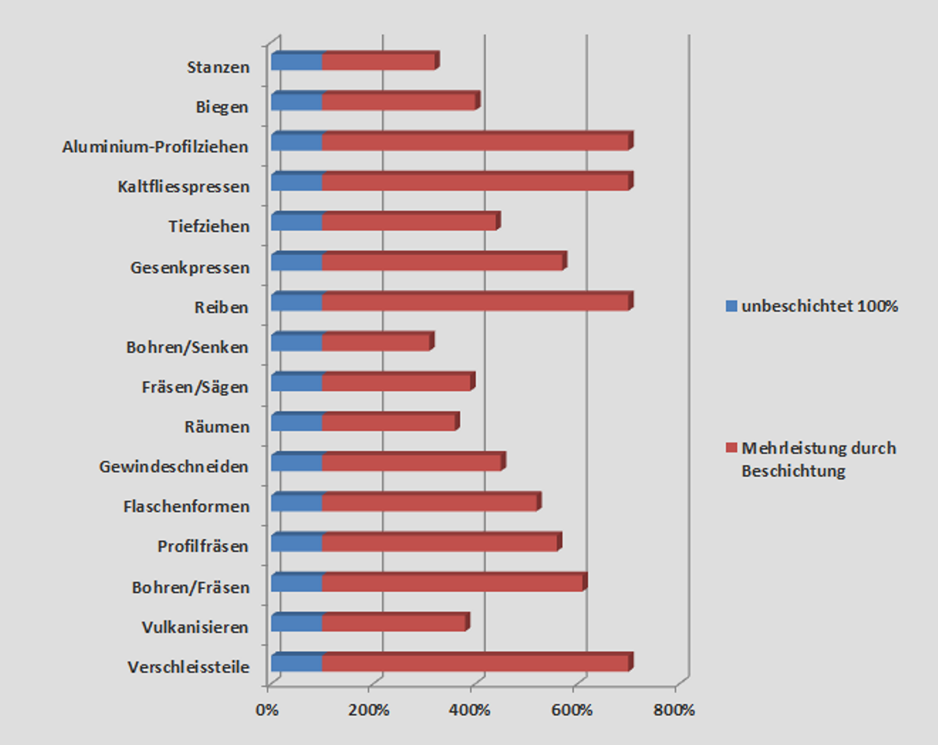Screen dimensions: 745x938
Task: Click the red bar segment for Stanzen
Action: tap(378, 61)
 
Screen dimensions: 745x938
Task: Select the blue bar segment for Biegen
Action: tap(296, 102)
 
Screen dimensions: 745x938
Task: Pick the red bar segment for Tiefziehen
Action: tap(409, 222)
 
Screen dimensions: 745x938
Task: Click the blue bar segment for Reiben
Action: tap(296, 302)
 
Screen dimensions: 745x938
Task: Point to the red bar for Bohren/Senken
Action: tap(376, 342)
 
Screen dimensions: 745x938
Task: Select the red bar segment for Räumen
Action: tap(389, 423)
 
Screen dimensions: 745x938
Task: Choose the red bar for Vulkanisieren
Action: tap(393, 623)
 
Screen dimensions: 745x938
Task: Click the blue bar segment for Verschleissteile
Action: tap(296, 663)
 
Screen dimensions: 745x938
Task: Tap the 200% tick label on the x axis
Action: tap(369, 710)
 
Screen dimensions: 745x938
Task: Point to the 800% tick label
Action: tap(675, 710)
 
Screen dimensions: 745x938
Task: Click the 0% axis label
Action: tap(267, 710)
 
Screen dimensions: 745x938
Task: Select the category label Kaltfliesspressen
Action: tap(183, 187)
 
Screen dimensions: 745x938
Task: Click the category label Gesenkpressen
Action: tap(189, 267)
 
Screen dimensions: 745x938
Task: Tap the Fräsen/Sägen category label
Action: tap(195, 387)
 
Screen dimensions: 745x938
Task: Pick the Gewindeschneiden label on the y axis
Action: tap(173, 467)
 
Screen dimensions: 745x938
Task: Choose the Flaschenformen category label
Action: tap(186, 506)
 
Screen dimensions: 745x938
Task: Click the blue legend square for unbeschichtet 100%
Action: tap(731, 306)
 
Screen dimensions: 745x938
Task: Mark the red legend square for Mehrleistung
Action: tap(731, 449)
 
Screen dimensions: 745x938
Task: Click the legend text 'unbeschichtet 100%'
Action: tap(820, 306)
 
